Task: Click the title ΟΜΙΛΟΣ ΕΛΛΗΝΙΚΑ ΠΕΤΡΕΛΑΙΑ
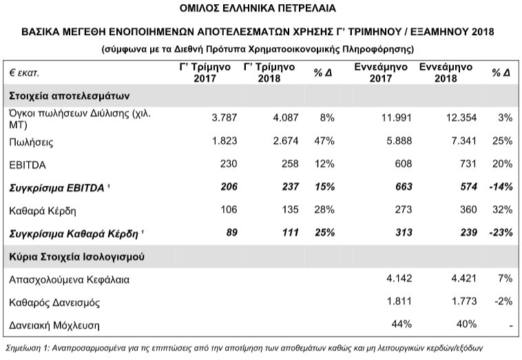pyautogui.click(x=260, y=9)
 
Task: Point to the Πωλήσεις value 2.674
pyautogui.click(x=284, y=142)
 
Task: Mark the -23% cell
pyautogui.click(x=500, y=233)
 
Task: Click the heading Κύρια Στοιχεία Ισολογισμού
pyautogui.click(x=76, y=256)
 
